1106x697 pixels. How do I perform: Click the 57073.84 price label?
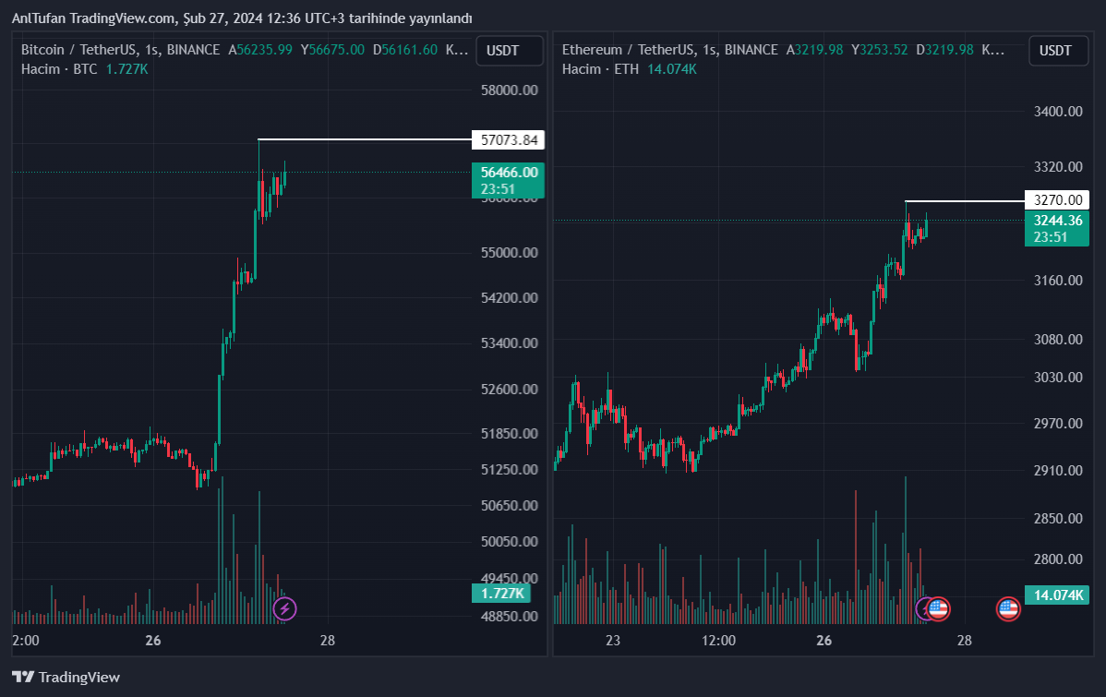pos(507,140)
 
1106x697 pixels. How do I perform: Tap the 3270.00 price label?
pos(1057,200)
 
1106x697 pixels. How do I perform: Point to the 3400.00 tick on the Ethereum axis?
pos(1057,112)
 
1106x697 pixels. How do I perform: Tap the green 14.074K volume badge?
pos(1057,595)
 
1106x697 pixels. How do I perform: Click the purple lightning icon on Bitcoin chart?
pos(286,608)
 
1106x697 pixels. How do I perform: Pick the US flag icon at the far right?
pos(1008,608)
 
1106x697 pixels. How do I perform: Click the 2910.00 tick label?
pos(1057,471)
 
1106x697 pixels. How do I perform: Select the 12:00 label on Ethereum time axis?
pos(718,641)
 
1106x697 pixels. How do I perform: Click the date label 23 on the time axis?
pos(612,641)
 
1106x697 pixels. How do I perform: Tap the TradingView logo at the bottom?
pos(66,677)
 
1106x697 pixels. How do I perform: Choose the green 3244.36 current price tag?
pos(1057,228)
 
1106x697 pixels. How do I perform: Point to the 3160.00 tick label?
pos(1057,281)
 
